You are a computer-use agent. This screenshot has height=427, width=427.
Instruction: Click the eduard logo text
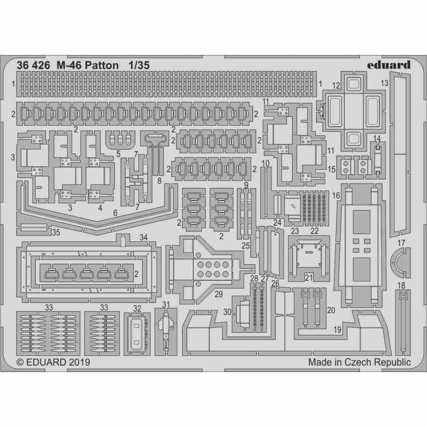[389, 65]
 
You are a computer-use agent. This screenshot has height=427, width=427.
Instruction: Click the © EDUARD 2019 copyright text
[53, 362]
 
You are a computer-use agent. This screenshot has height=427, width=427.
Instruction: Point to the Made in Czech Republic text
[359, 362]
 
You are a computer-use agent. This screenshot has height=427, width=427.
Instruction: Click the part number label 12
[336, 86]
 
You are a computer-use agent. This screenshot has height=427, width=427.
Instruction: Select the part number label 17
[402, 243]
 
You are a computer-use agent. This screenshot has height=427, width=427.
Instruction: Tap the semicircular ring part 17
[396, 262]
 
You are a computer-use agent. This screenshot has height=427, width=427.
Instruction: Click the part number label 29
[219, 294]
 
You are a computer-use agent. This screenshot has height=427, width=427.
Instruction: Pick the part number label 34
[143, 238]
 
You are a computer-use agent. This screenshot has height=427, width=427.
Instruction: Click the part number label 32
[137, 308]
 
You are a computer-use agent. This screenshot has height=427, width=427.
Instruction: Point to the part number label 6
[115, 212]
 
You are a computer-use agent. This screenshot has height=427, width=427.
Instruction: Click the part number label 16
[336, 196]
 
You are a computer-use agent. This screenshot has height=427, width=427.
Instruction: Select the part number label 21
[309, 278]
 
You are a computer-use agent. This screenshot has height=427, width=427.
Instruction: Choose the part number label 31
[166, 304]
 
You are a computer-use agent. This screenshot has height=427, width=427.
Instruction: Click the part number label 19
[337, 329]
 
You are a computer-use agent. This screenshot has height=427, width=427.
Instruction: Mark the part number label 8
[159, 181]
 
